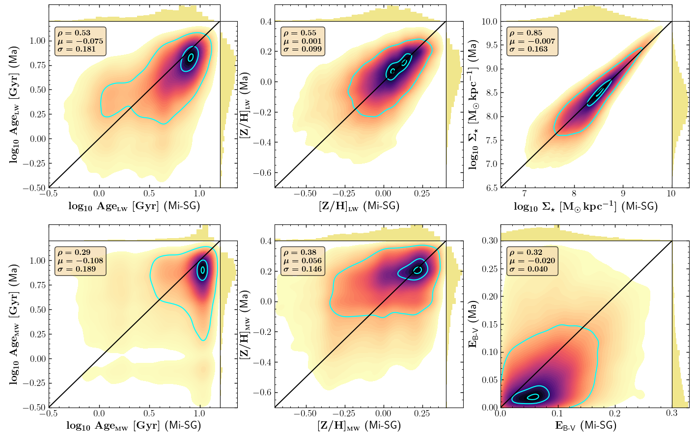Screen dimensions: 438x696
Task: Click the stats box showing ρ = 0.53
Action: [x=80, y=42]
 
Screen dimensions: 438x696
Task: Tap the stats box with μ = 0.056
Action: [x=303, y=261]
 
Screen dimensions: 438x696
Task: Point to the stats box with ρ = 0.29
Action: [x=80, y=261]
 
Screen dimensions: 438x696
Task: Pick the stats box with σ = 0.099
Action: [x=303, y=41]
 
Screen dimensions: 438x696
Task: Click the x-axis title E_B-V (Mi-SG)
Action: [x=585, y=425]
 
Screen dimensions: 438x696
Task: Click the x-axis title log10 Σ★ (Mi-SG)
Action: [x=585, y=207]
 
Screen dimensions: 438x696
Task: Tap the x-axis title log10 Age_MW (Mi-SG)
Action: [x=134, y=425]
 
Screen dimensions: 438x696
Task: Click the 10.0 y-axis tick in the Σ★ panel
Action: [x=489, y=22]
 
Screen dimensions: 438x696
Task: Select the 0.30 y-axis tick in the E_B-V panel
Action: [x=489, y=241]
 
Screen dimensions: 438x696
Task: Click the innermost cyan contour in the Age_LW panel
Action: [x=191, y=57]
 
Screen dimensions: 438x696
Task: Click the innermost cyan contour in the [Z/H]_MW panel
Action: [x=418, y=270]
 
